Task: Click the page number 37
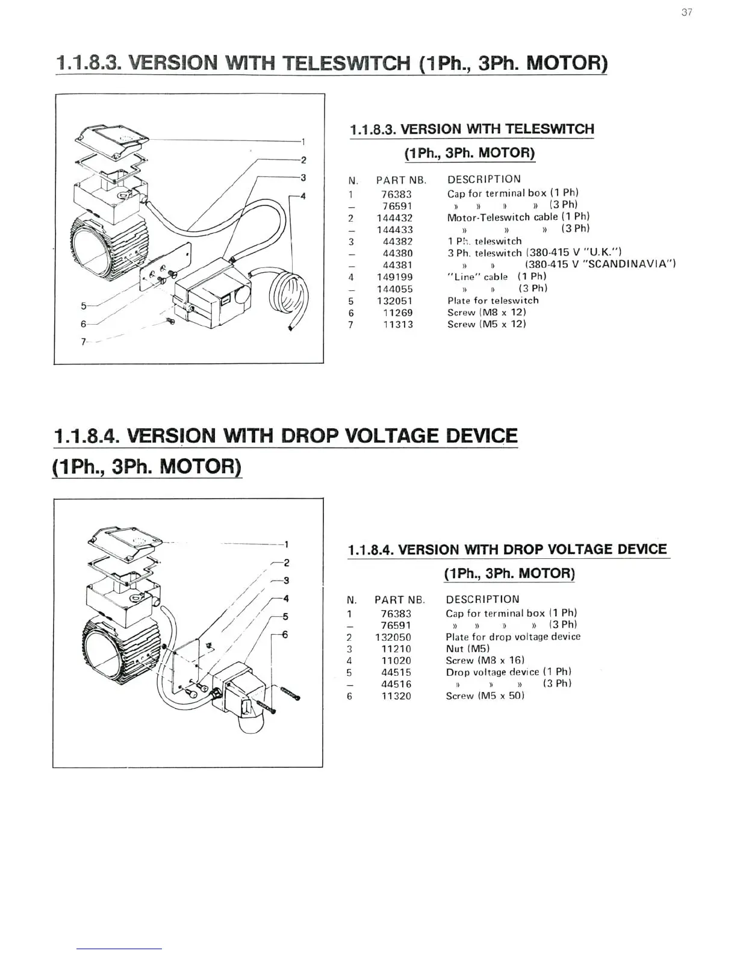(x=687, y=13)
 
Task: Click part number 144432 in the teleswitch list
(x=394, y=217)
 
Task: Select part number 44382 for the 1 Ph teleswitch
(x=397, y=242)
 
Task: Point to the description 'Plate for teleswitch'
(x=493, y=301)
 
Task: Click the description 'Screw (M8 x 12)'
(x=487, y=312)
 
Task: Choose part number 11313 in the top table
(x=398, y=324)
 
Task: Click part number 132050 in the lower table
(x=393, y=637)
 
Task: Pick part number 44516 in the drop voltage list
(x=396, y=684)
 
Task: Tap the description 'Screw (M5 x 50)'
(x=485, y=696)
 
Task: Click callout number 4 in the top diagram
(x=303, y=196)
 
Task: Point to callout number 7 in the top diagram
(x=83, y=342)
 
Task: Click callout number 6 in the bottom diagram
(x=285, y=635)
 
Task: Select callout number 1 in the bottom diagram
(x=287, y=544)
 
